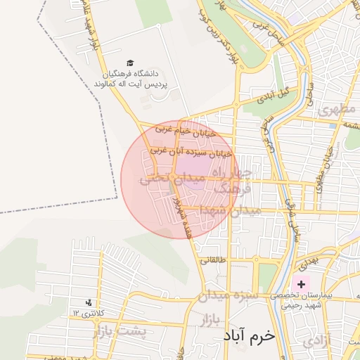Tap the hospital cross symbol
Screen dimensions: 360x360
(302, 284)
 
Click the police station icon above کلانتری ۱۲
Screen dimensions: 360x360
(88, 302)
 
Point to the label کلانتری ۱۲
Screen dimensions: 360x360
(88, 312)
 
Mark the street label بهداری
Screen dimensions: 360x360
(307, 263)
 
